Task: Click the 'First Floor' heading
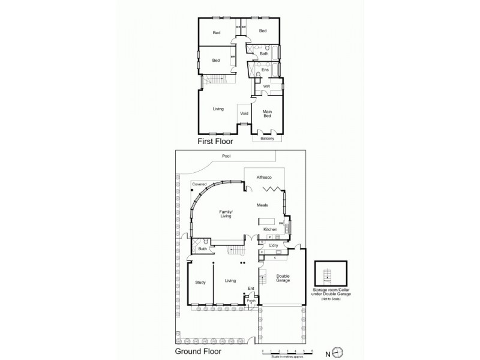215,142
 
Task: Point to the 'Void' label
244,113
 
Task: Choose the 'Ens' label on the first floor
264,70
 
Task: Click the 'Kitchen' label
270,230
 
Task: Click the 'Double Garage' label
283,280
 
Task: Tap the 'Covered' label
199,184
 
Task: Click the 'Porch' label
251,301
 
